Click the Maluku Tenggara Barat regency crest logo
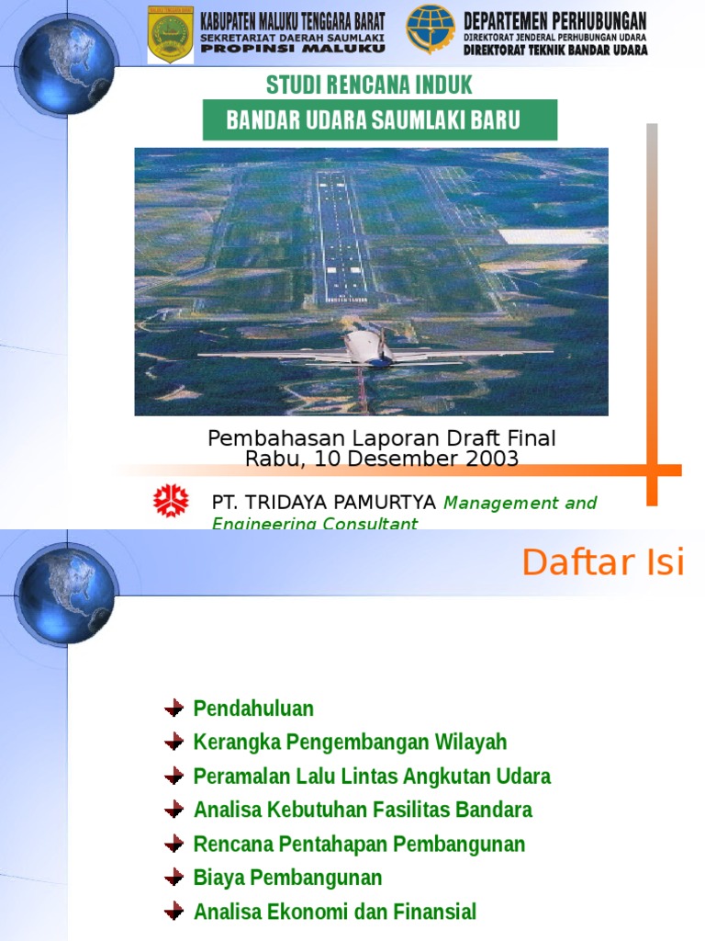click(x=171, y=35)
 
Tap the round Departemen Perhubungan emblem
click(x=431, y=30)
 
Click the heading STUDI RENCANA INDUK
click(x=369, y=85)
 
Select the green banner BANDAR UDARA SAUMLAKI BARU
click(x=379, y=120)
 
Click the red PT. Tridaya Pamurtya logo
click(x=171, y=502)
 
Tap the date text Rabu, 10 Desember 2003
click(x=381, y=459)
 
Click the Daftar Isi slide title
click(x=603, y=562)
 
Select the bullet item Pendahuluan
click(x=253, y=709)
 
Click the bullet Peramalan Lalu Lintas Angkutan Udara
click(x=372, y=777)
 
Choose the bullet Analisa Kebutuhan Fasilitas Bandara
click(x=363, y=810)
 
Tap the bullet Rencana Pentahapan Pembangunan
click(x=359, y=844)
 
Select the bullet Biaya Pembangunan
click(x=287, y=878)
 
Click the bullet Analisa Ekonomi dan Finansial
click(x=335, y=912)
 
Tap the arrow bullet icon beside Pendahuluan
click(x=174, y=709)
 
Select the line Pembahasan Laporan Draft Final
click(x=381, y=439)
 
